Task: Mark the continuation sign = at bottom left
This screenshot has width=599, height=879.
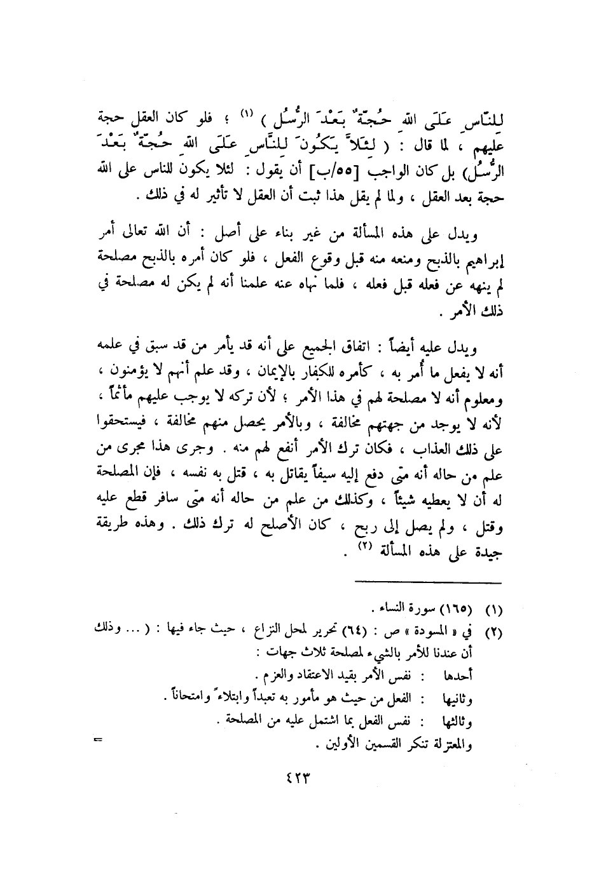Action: point(99,740)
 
